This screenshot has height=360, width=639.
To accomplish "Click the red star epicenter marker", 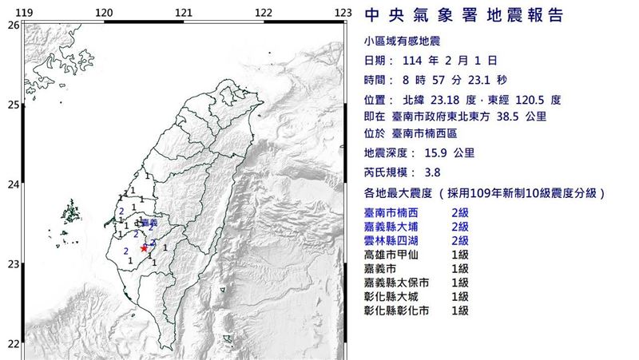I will [144, 248].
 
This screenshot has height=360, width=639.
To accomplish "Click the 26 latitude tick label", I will [13, 26].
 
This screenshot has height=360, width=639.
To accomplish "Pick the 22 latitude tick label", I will [13, 344].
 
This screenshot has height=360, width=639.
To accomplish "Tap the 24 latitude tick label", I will [13, 185].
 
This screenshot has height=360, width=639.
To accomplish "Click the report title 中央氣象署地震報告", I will [464, 17].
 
